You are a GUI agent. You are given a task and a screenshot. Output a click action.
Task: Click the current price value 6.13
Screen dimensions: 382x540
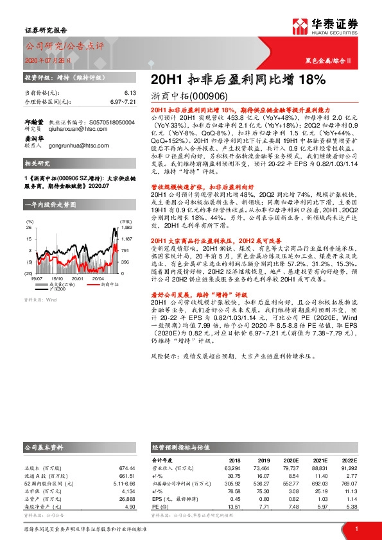pyautogui.click(x=131, y=93)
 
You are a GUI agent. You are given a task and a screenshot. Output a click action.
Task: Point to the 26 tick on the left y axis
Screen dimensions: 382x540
pyautogui.click(x=28, y=227)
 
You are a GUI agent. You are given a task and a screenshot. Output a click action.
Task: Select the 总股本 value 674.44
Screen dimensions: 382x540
pyautogui.click(x=128, y=469)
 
